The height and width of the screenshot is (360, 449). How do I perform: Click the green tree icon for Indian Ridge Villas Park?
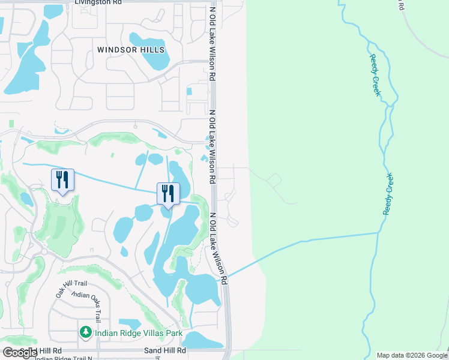pos(86,332)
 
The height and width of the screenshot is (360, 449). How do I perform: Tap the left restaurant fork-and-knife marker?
pos(62,179)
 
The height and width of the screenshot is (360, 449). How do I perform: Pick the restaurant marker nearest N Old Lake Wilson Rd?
pos(167,193)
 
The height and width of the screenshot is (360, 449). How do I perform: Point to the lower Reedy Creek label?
pos(388,194)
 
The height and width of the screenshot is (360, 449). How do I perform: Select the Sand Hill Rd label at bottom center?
pos(165,350)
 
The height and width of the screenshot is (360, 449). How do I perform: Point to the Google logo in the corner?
pos(20,353)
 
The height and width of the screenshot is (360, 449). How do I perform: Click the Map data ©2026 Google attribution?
pos(412,355)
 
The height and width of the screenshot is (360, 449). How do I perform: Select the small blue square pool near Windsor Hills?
pos(190,92)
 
